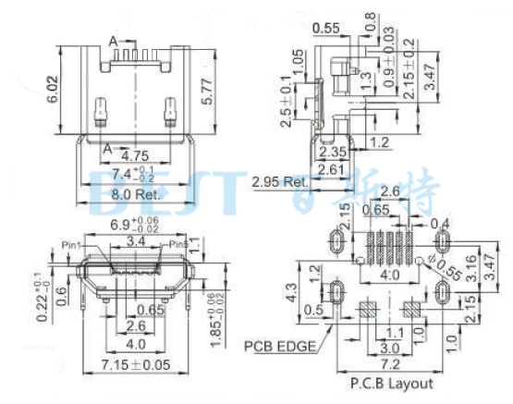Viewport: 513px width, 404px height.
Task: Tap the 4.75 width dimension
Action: [135, 156]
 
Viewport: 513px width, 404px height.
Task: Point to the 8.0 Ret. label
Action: [135, 194]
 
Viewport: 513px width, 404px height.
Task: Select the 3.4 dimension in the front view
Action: [135, 242]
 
